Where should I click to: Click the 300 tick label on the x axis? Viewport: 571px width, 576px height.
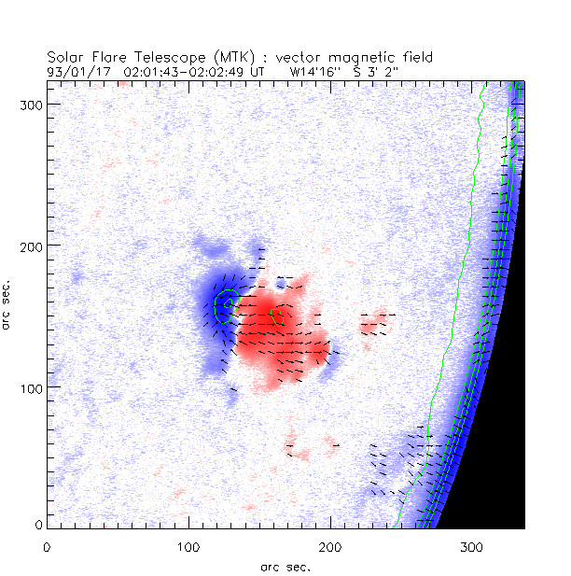(472, 544)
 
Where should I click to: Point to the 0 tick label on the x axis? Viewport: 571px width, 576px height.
(47, 544)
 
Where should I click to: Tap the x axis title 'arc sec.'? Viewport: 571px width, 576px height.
(285, 565)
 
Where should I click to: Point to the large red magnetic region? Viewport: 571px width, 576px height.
(280, 336)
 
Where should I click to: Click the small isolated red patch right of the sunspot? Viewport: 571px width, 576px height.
(376, 322)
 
